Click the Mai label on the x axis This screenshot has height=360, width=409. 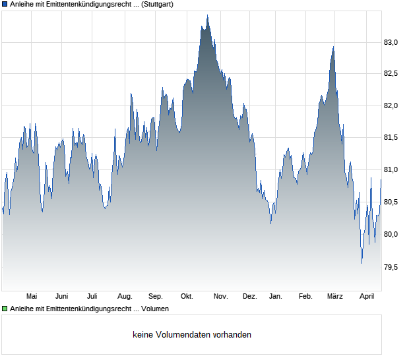(31, 296)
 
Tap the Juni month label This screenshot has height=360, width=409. (61, 296)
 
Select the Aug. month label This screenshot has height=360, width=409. (125, 296)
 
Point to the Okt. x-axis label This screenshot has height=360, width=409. (187, 296)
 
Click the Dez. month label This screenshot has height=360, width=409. (250, 296)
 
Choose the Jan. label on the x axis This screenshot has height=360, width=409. (276, 296)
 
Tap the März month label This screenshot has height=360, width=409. (335, 296)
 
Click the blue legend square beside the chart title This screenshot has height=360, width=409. (5, 5)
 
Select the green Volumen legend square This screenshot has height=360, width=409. (5, 309)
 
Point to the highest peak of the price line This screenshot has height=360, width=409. (207, 15)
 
